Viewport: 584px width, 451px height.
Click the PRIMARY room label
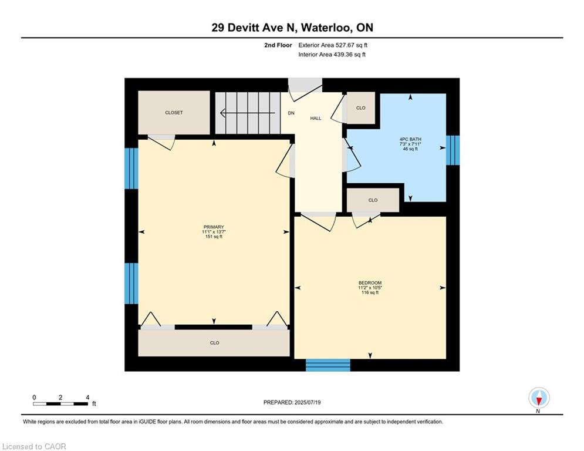pyautogui.click(x=214, y=227)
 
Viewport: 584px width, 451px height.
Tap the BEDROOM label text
pyautogui.click(x=370, y=283)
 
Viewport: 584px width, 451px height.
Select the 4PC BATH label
pyautogui.click(x=410, y=139)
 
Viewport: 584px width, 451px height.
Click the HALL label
pyautogui.click(x=315, y=118)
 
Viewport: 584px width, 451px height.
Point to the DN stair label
pyautogui.click(x=291, y=113)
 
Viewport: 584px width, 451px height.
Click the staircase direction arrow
pyautogui.click(x=248, y=113)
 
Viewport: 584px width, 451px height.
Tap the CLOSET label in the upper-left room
pyautogui.click(x=174, y=113)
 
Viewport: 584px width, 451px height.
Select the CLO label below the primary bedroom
pyautogui.click(x=215, y=343)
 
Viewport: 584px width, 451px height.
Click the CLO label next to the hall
pyautogui.click(x=360, y=108)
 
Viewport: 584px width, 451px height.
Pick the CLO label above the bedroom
pyautogui.click(x=373, y=200)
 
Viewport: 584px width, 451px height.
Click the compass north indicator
pyautogui.click(x=539, y=398)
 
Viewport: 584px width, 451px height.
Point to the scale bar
pyautogui.click(x=60, y=403)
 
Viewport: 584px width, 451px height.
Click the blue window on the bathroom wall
pyautogui.click(x=453, y=150)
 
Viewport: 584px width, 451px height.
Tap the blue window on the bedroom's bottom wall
pyautogui.click(x=328, y=365)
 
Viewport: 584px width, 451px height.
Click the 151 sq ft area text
pyautogui.click(x=214, y=237)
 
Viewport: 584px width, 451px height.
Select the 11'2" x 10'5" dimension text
pyautogui.click(x=370, y=288)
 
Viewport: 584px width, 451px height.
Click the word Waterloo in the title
pyautogui.click(x=325, y=28)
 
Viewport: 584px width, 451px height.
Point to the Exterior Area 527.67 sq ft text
pyautogui.click(x=333, y=45)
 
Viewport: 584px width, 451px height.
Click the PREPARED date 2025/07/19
pyautogui.click(x=308, y=402)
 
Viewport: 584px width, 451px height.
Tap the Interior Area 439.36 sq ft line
pyautogui.click(x=332, y=55)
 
